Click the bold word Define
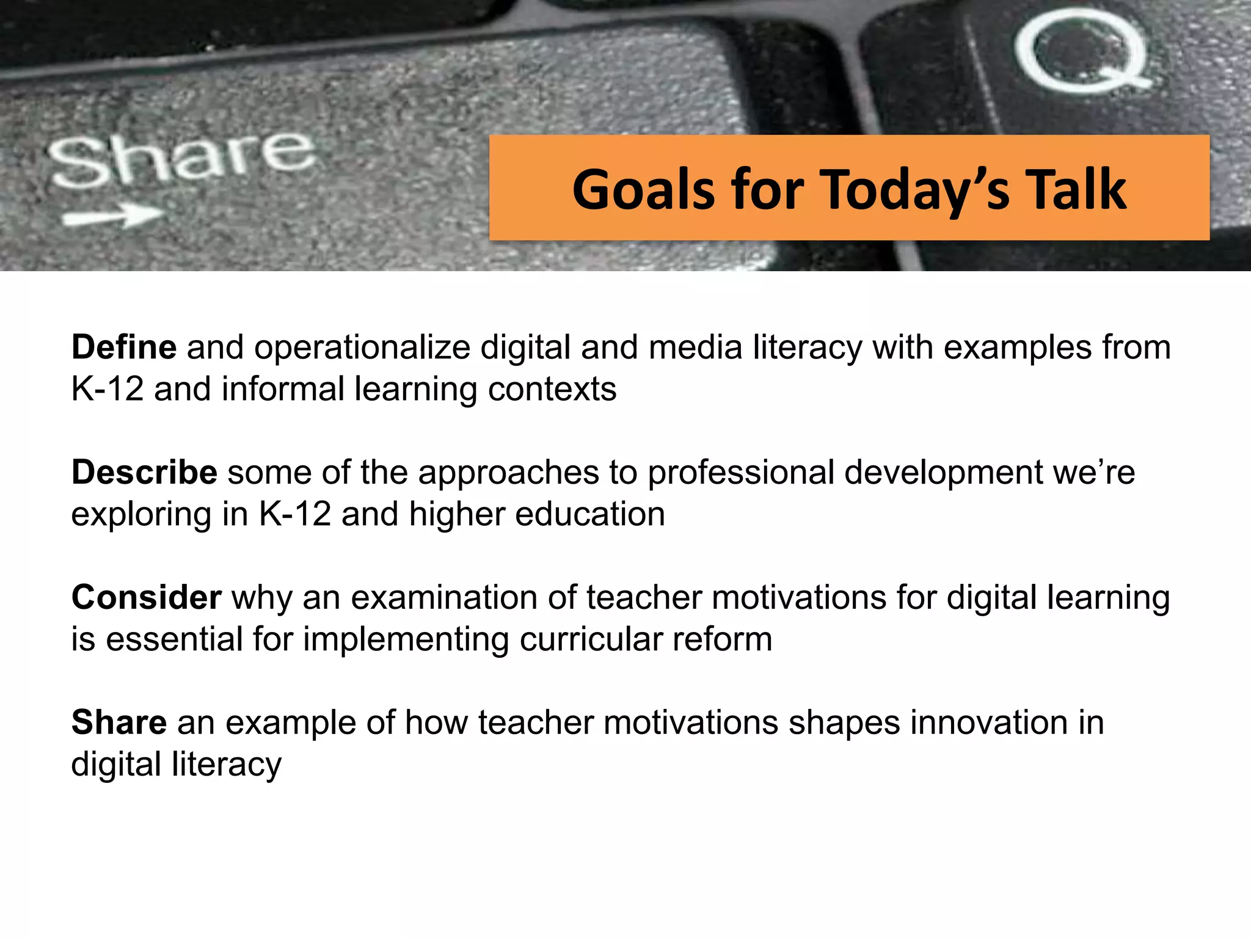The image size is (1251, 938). [x=124, y=347]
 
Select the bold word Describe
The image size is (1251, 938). [x=144, y=472]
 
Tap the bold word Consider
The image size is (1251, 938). [x=146, y=597]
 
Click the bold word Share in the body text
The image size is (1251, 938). [x=119, y=722]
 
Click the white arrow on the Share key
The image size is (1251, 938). [x=114, y=216]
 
